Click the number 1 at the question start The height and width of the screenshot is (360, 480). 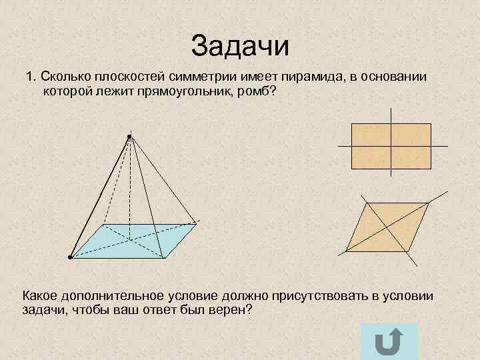29,78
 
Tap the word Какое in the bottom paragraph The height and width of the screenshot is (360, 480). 41,296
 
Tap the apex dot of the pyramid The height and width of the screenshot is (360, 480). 129,137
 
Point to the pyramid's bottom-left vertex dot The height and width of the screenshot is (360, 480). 69,256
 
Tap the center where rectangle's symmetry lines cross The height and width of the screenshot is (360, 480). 391,145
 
